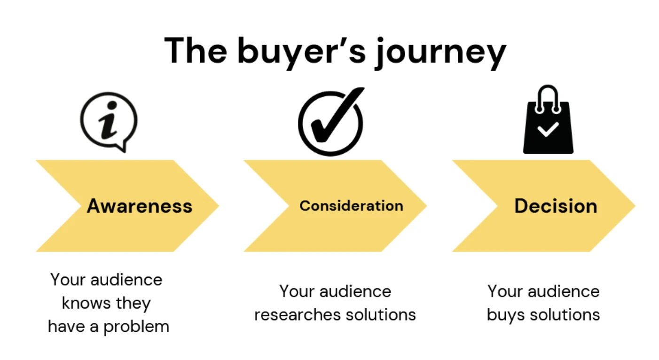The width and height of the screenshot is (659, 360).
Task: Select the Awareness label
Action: [x=140, y=206]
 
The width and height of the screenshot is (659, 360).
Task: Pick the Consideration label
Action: [x=351, y=206]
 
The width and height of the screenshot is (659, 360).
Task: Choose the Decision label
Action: [x=556, y=206]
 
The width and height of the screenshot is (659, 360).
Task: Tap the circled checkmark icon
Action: [x=331, y=122]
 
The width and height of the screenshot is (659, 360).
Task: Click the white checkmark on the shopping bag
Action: [x=548, y=128]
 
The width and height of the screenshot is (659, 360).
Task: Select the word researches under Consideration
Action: [x=292, y=314]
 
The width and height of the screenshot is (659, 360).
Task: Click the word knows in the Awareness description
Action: [x=85, y=303]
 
